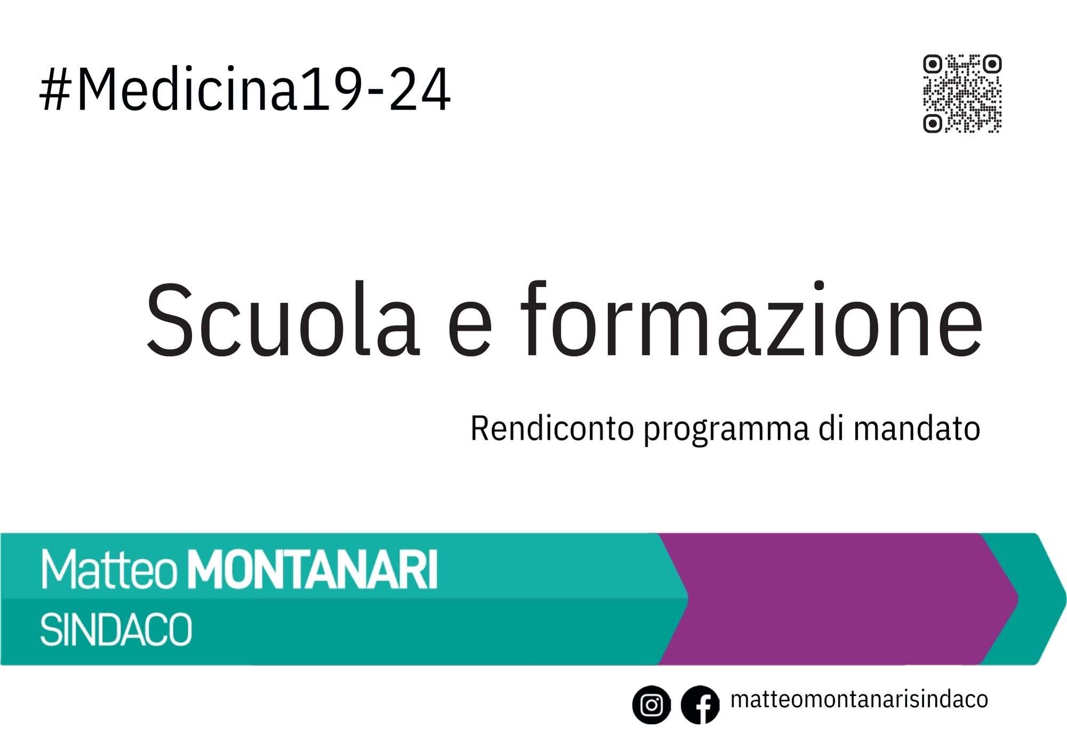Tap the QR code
coord(962,93)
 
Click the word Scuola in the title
coord(283,319)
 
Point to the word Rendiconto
coord(552,429)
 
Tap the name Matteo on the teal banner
coord(109,570)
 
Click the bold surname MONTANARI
coord(313,570)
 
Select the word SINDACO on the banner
coord(116,630)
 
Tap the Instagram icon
coord(651,704)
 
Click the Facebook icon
coord(700,704)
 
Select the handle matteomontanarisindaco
coord(859,699)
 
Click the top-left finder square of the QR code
coord(933,65)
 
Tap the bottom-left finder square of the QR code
coord(933,123)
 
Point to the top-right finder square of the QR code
coord(992,65)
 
